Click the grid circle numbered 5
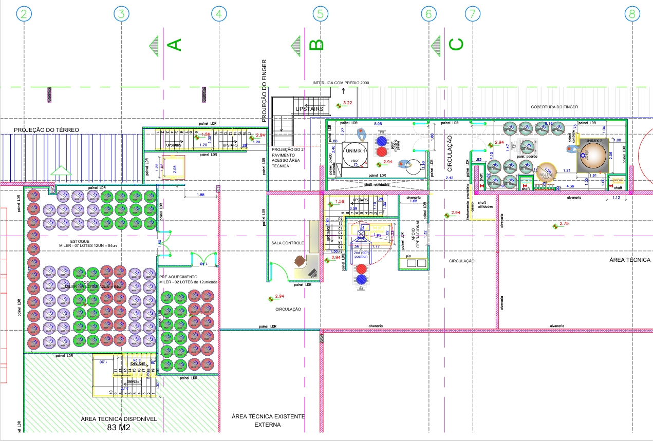320,14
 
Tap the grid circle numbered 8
632,14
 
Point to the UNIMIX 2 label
593,140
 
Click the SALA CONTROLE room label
288,243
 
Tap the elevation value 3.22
348,103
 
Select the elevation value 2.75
564,224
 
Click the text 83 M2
119,427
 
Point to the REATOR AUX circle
547,175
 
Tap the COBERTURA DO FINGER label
554,107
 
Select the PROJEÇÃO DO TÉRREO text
47,130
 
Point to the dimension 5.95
378,124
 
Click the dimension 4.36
570,186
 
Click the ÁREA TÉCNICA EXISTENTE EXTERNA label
268,420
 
